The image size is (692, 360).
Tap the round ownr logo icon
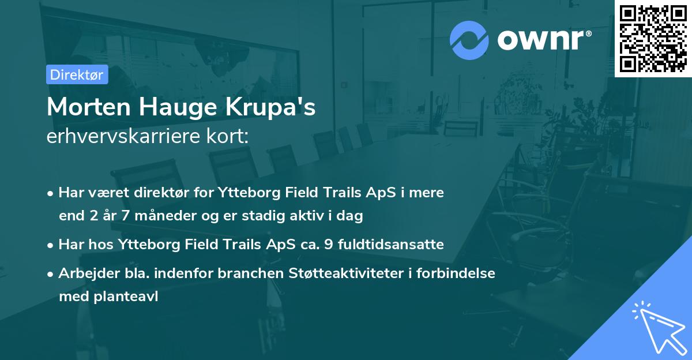(469, 40)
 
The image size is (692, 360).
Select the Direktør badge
(77, 74)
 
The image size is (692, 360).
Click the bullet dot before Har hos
(52, 245)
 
